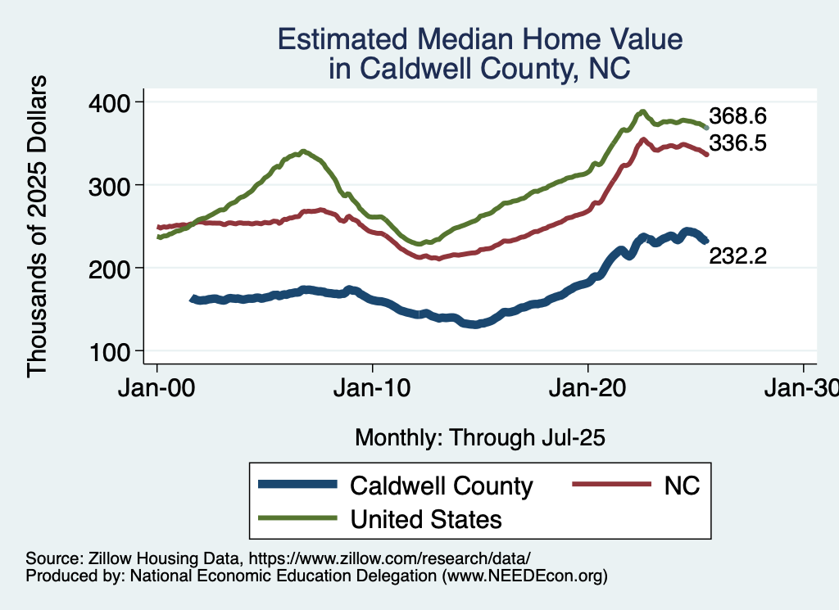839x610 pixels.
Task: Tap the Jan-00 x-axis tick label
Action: [x=157, y=387]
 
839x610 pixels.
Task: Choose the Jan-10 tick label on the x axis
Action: [x=373, y=387]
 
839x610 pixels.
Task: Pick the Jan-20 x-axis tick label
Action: [x=588, y=387]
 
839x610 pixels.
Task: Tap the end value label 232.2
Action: [x=738, y=256]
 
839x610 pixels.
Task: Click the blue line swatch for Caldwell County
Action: [x=297, y=485]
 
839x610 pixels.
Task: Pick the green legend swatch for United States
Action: [x=297, y=518]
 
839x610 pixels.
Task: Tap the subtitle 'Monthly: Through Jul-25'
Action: [x=479, y=438]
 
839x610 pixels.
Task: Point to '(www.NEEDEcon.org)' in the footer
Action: [x=525, y=576]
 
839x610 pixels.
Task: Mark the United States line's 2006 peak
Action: [x=303, y=151]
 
